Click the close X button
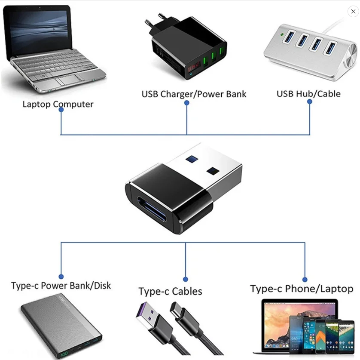353,12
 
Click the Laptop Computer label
58,104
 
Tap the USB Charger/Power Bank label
194,94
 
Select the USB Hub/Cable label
308,94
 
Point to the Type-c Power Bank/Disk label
61,286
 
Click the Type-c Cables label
170,292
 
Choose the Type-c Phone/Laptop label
302,289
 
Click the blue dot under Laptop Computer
61,110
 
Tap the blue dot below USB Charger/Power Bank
186,104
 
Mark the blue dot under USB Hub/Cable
310,102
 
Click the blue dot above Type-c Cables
186,279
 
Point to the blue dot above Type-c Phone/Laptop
305,280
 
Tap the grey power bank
60,327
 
